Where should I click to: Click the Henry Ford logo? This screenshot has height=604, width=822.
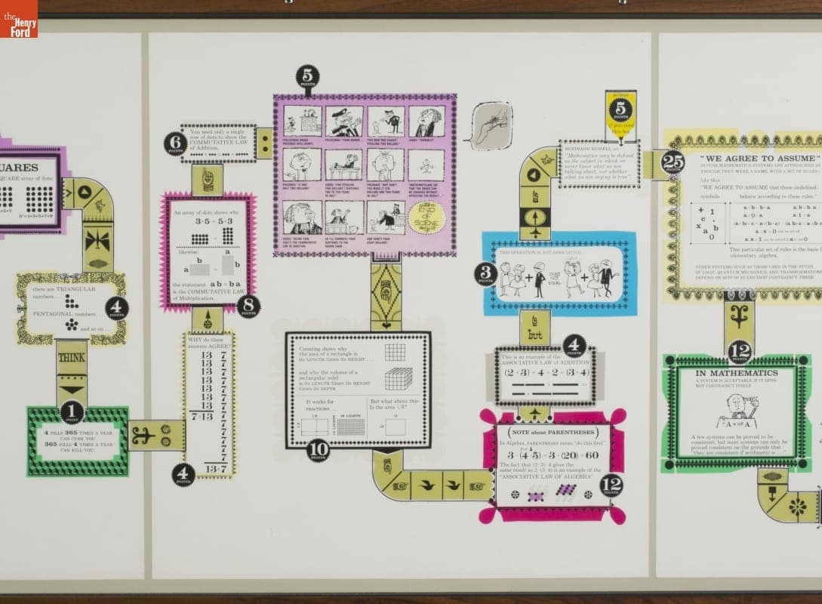tap(18, 18)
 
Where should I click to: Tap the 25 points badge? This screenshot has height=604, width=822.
tap(673, 162)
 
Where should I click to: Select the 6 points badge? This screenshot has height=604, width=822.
tap(175, 143)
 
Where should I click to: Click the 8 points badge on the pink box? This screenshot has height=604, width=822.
tap(248, 306)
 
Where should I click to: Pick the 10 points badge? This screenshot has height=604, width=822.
tap(318, 450)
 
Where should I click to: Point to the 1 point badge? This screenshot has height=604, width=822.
tap(72, 412)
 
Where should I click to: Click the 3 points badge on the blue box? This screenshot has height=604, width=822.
tap(486, 273)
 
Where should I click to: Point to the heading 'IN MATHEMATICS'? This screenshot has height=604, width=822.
tap(737, 373)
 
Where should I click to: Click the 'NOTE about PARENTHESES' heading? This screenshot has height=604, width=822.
tap(553, 431)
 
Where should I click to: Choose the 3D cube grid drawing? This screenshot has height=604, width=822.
tap(398, 377)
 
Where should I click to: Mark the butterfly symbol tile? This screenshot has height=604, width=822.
tap(98, 240)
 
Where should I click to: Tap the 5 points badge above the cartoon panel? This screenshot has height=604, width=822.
tap(307, 77)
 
